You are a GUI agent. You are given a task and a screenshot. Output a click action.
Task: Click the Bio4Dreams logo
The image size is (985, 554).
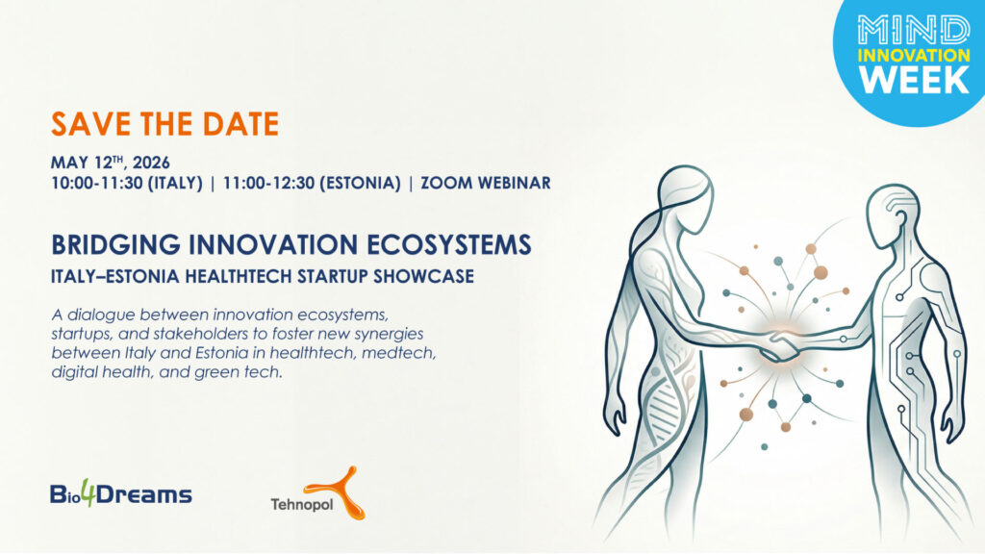point(120,494)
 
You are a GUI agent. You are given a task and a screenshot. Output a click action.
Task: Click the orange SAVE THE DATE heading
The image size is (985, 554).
point(164,124)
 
